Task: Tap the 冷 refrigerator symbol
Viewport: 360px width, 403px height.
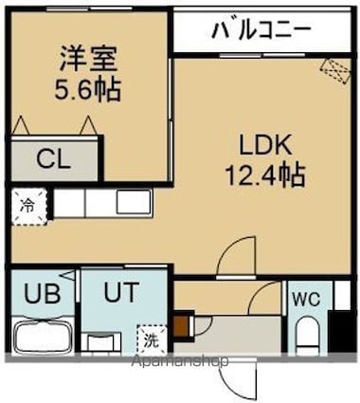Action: (x=27, y=203)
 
